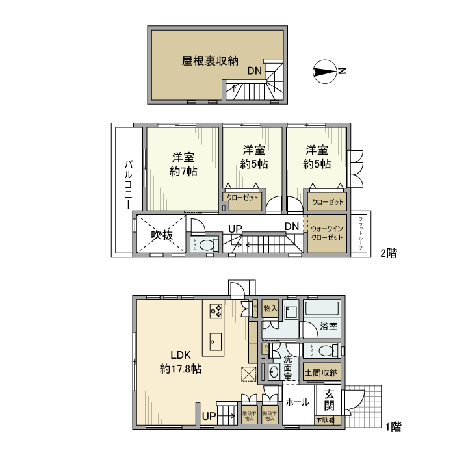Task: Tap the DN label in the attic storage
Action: [x=254, y=70]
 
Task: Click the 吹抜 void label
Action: [x=162, y=235]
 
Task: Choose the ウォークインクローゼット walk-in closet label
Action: [x=327, y=234]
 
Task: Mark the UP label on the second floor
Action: [x=235, y=227]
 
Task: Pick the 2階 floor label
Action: [x=388, y=253]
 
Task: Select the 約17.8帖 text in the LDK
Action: [x=180, y=369]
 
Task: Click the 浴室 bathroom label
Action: [x=329, y=326]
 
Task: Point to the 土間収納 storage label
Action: [x=321, y=372]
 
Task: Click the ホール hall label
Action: [x=298, y=402]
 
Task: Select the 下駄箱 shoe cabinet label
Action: [x=325, y=421]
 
